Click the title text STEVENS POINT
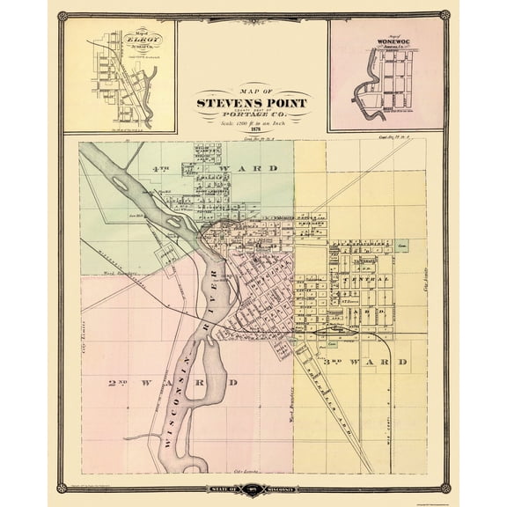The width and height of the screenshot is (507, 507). click(x=253, y=101)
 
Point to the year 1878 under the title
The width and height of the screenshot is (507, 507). click(x=253, y=128)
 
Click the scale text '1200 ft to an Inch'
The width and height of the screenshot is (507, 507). click(x=253, y=120)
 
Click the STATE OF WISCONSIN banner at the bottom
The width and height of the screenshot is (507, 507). click(x=253, y=488)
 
